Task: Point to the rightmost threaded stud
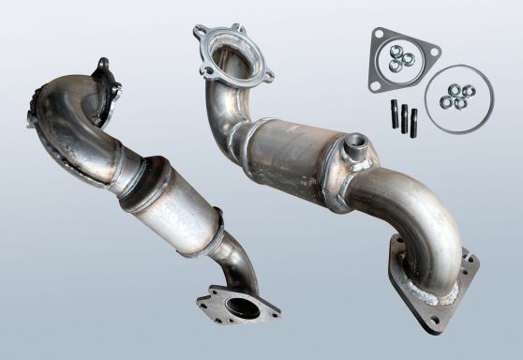[415, 122]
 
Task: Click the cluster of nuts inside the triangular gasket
[400, 60]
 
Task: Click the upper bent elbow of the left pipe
[75, 127]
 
